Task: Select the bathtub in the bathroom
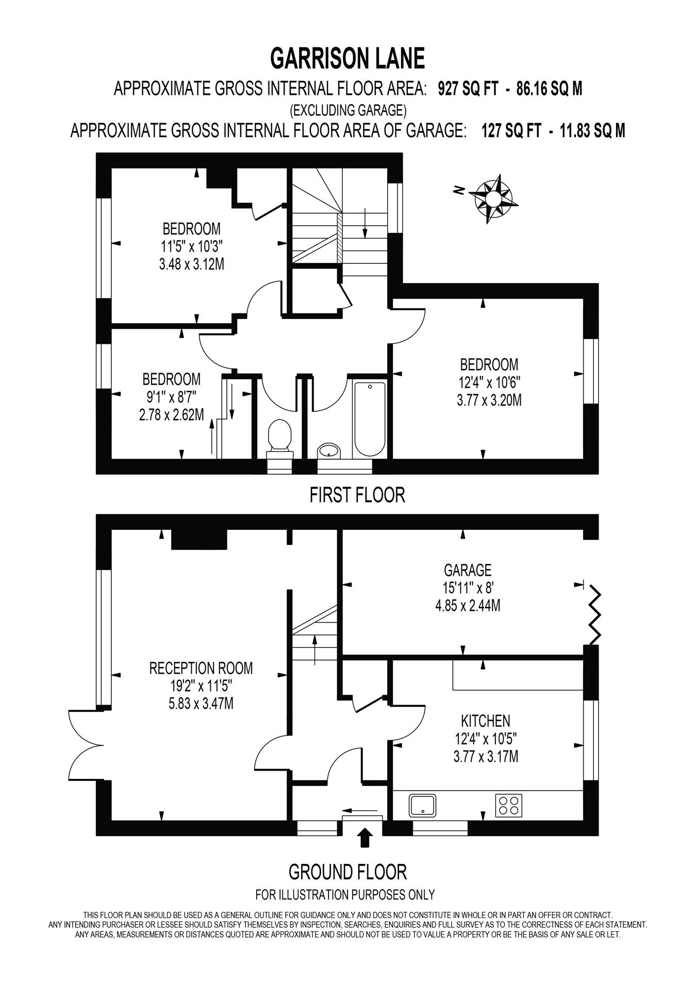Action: click(370, 418)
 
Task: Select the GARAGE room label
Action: click(468, 570)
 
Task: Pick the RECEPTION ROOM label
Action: click(201, 669)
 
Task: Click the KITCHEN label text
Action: click(485, 721)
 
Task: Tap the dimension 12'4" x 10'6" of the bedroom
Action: click(489, 382)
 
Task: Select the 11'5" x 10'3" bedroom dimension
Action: click(191, 246)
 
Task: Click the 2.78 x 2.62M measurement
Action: click(171, 414)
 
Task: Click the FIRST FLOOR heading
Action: click(357, 495)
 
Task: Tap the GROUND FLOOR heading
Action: click(347, 872)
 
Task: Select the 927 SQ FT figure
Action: click(468, 89)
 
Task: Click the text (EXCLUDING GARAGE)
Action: click(348, 110)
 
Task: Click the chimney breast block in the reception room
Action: click(199, 539)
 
